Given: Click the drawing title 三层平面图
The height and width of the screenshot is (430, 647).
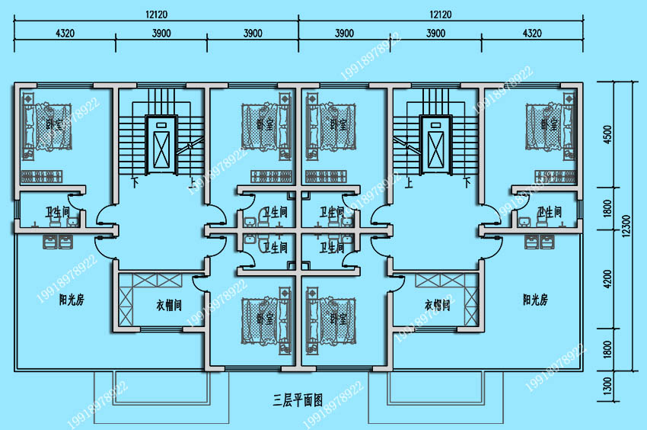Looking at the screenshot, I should pyautogui.click(x=298, y=399).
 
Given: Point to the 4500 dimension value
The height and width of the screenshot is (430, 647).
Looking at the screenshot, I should pyautogui.click(x=607, y=134).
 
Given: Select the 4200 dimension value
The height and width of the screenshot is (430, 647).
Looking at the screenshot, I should pyautogui.click(x=607, y=281).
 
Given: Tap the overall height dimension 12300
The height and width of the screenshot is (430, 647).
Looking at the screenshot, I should pyautogui.click(x=626, y=227).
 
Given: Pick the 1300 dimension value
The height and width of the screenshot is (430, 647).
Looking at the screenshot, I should pyautogui.click(x=607, y=387).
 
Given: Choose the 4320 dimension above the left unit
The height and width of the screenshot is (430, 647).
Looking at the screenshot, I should pyautogui.click(x=65, y=33).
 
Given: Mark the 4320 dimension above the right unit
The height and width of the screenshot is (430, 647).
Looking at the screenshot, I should pyautogui.click(x=532, y=33).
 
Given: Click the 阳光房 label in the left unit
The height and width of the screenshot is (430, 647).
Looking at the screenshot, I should pyautogui.click(x=72, y=300).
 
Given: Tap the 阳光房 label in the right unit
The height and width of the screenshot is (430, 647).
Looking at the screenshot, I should pyautogui.click(x=535, y=300).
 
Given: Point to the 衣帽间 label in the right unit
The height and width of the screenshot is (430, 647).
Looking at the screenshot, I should pyautogui.click(x=437, y=305).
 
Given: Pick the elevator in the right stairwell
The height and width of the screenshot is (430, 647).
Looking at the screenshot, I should pyautogui.click(x=435, y=143).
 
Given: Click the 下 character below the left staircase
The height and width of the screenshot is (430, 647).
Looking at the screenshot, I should pyautogui.click(x=135, y=183).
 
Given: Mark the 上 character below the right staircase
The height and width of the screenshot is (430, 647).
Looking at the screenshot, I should pyautogui.click(x=410, y=183).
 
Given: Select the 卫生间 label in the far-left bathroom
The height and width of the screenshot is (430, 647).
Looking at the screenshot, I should pyautogui.click(x=56, y=211).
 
